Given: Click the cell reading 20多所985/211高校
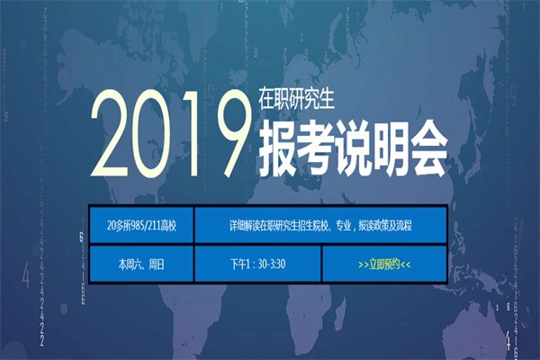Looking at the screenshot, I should pos(142,225).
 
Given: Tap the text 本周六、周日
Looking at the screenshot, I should pos(141,265).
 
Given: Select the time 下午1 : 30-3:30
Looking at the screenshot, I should pos(258,265).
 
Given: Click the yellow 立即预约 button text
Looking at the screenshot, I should pos(384,265).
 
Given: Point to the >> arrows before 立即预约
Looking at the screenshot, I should pos(363,265).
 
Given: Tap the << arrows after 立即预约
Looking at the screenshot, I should pos(406,265).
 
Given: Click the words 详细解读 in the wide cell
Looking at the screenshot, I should pos(245,225).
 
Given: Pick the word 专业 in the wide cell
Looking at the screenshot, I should pos(344,225).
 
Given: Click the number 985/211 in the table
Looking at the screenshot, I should pos(145,225).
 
